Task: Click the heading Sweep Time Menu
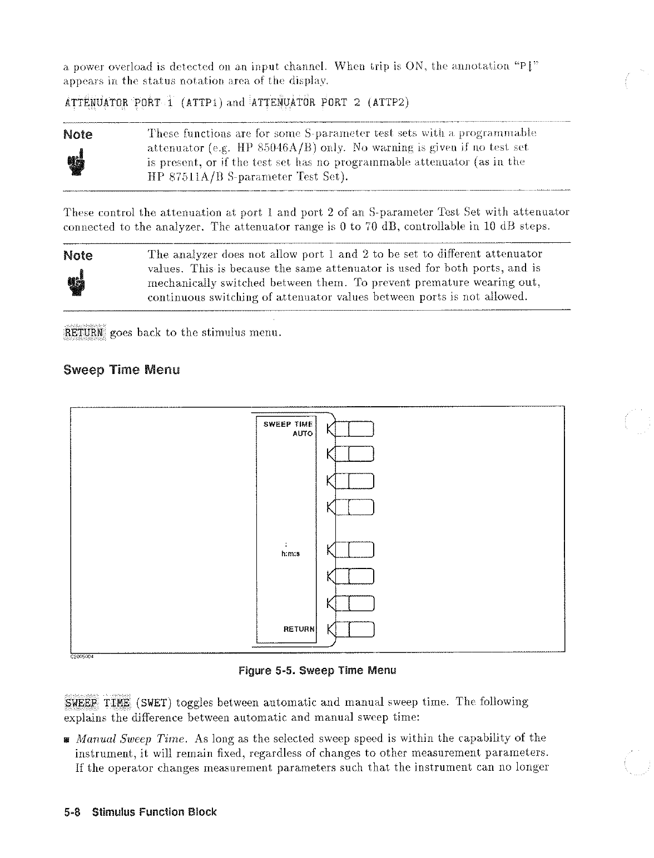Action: (x=122, y=370)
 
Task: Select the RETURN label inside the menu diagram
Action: (x=299, y=629)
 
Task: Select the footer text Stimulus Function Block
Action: (x=154, y=812)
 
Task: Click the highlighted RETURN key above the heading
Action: (x=83, y=333)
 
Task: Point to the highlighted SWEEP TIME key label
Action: (x=98, y=702)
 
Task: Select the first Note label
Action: (x=78, y=135)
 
